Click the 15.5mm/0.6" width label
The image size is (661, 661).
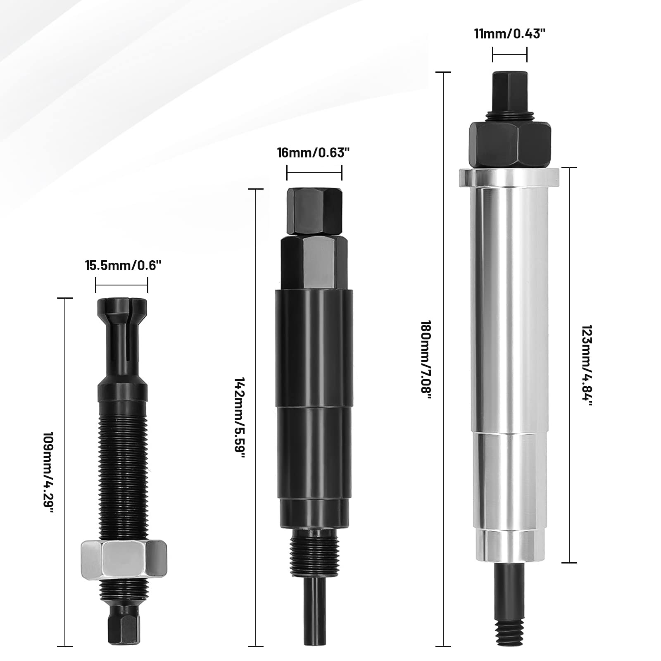point(123,266)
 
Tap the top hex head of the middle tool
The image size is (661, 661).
point(315,211)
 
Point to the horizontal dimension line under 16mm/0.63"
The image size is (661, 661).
point(314,173)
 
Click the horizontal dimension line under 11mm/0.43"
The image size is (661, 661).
point(510,55)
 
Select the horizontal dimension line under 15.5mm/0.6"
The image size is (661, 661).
point(122,285)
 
